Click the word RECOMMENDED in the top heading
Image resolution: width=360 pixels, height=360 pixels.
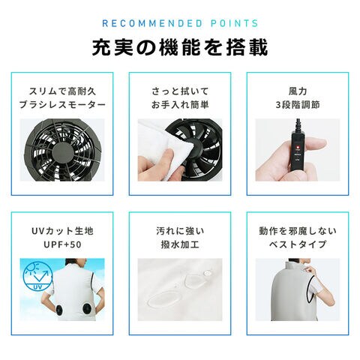(152, 23)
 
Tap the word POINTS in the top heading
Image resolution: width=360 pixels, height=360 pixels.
(234, 23)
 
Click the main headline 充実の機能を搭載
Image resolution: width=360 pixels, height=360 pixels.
(180, 47)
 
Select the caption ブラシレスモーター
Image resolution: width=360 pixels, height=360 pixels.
(62, 105)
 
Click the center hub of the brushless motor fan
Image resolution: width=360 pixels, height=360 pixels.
(63, 153)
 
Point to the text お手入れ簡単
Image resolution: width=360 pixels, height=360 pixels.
(180, 105)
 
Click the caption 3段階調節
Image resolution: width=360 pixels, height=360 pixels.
(298, 105)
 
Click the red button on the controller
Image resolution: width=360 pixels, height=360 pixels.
(298, 147)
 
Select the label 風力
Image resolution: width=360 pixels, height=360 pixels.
(298, 91)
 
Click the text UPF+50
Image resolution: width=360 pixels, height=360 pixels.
(62, 244)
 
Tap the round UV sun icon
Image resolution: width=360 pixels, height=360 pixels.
(37, 277)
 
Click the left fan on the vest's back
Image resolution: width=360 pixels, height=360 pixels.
(59, 310)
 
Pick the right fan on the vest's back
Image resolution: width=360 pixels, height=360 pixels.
(87, 309)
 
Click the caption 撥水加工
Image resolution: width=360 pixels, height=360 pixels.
(180, 244)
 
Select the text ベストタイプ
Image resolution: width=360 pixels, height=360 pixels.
(298, 244)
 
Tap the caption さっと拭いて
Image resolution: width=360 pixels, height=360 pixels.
(180, 91)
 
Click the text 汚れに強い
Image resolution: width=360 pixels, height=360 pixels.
(180, 231)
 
